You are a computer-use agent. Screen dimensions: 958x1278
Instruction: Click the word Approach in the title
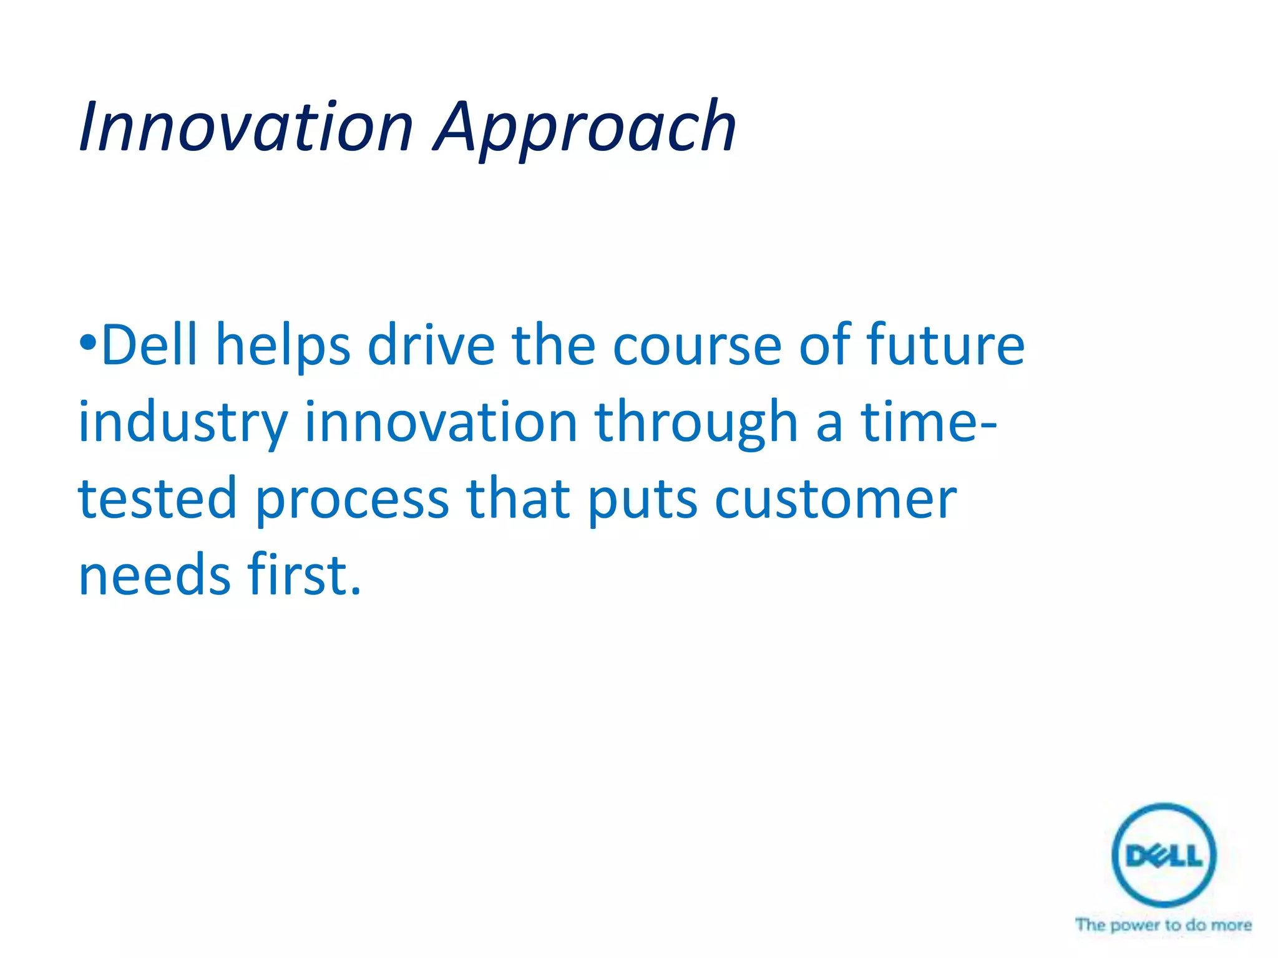point(585,130)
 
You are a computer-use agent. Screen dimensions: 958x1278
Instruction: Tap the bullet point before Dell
point(88,342)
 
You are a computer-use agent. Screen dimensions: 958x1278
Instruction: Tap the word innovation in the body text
point(441,422)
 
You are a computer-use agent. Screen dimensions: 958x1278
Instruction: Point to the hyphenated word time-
point(929,422)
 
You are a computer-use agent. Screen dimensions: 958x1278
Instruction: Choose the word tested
point(157,498)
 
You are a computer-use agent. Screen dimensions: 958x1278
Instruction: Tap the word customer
point(835,500)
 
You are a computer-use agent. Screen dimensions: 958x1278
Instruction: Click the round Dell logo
point(1164,854)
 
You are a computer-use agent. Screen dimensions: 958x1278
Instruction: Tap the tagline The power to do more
point(1163,925)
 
